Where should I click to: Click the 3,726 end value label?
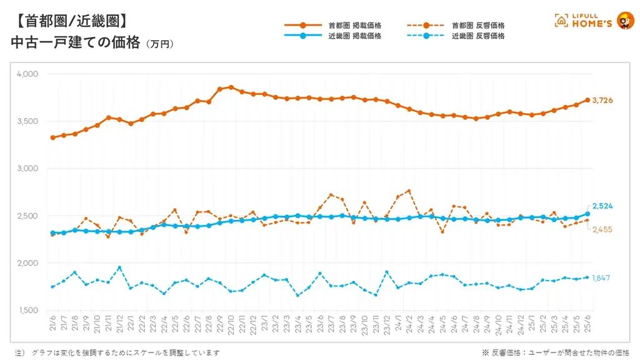[x=602, y=101]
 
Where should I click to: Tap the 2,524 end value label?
[x=602, y=206]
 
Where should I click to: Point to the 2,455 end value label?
[x=602, y=229]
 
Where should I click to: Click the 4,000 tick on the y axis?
[x=27, y=74]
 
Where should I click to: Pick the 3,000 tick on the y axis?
[x=27, y=169]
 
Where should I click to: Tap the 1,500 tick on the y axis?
[x=27, y=311]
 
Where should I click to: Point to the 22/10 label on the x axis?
[x=231, y=326]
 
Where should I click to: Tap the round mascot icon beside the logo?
[x=625, y=21]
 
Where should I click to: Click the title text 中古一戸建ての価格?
[x=76, y=43]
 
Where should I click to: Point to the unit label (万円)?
[x=159, y=45]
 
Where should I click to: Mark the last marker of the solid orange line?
[x=587, y=100]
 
